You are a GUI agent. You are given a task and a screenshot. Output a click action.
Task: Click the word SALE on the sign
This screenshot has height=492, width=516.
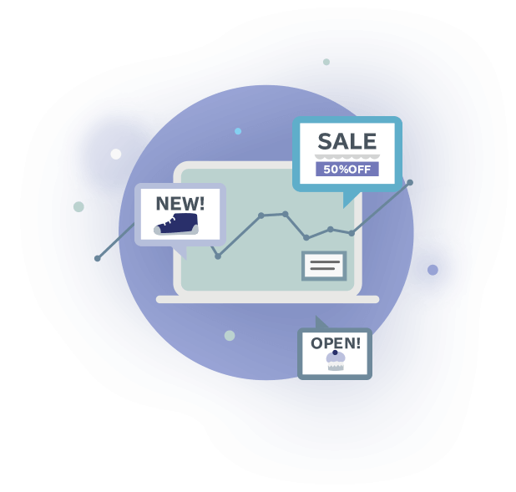[347, 140]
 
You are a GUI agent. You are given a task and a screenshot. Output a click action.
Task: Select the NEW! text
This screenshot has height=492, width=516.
[180, 202]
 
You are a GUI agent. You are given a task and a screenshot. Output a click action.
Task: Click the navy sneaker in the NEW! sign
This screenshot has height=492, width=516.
[177, 223]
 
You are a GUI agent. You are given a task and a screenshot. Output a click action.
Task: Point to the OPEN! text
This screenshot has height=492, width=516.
[336, 342]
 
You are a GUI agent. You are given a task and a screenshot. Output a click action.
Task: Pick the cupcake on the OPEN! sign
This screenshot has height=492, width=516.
[336, 361]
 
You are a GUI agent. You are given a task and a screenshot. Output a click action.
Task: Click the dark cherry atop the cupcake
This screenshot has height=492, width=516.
[336, 353]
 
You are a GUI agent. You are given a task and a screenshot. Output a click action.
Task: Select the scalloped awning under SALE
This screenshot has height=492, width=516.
[347, 155]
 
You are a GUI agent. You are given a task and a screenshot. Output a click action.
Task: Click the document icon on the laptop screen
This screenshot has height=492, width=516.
[323, 266]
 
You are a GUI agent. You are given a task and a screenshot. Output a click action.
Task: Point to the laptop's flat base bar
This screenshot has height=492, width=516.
[267, 299]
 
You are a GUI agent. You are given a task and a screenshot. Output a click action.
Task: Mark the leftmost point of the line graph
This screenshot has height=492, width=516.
[98, 258]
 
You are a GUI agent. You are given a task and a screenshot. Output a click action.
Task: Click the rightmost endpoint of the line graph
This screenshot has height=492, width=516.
[410, 182]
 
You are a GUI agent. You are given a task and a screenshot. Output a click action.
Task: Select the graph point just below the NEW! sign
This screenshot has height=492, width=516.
[218, 256]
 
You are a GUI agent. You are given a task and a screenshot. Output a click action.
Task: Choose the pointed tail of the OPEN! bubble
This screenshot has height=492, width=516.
[321, 322]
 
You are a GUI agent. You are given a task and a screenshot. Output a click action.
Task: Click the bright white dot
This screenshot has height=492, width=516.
[116, 154]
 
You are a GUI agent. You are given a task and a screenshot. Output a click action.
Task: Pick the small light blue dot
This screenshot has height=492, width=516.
[238, 131]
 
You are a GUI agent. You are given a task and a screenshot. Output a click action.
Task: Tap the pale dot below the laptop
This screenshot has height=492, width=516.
[230, 336]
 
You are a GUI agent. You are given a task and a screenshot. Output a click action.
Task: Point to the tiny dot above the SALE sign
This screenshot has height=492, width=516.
[326, 62]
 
